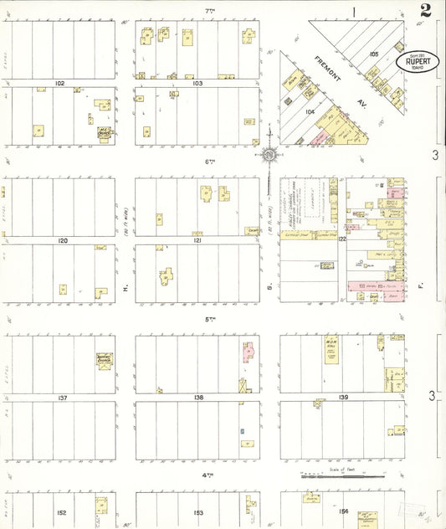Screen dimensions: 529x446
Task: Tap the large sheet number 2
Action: tap(426, 10)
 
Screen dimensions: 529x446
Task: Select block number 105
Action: tap(373, 54)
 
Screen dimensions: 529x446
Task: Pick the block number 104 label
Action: tap(309, 110)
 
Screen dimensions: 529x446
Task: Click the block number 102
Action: tap(59, 84)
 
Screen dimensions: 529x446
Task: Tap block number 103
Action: tap(198, 84)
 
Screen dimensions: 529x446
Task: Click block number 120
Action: tap(61, 240)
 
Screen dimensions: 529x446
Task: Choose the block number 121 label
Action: tap(198, 240)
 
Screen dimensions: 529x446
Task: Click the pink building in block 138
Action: tap(249, 352)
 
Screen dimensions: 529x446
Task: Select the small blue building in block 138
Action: tap(242, 431)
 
